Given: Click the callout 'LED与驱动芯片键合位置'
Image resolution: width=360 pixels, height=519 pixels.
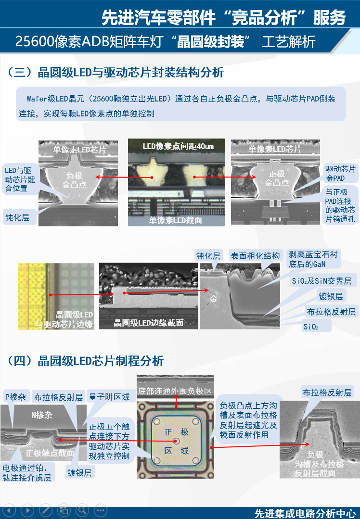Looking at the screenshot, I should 18,179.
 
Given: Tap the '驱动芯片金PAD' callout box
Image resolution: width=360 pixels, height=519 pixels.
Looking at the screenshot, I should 340,174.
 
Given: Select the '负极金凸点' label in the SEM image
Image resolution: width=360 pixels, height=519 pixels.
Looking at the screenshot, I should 75,179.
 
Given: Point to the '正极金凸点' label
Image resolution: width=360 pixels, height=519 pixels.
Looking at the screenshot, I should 276,178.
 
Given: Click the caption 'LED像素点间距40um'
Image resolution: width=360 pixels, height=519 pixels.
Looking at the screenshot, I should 178,146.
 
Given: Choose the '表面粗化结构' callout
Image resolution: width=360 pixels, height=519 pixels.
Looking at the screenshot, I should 255,256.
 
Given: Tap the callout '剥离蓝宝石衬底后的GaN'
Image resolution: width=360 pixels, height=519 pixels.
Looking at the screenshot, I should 313,259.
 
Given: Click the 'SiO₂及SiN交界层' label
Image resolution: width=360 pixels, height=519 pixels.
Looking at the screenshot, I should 321,281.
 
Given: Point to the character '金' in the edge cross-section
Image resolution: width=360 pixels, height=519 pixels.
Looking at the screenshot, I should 214,299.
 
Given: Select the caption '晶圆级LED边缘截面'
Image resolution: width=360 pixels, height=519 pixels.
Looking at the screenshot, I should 148,323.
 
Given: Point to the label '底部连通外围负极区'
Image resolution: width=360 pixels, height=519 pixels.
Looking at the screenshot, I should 175,390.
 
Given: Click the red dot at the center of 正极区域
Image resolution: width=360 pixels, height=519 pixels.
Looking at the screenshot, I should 177,441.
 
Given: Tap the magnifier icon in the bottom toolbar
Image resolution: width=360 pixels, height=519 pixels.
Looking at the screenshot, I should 82,510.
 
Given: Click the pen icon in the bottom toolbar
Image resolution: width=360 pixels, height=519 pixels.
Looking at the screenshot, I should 46,510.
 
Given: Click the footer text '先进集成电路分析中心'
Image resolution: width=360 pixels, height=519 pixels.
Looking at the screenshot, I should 305,513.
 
